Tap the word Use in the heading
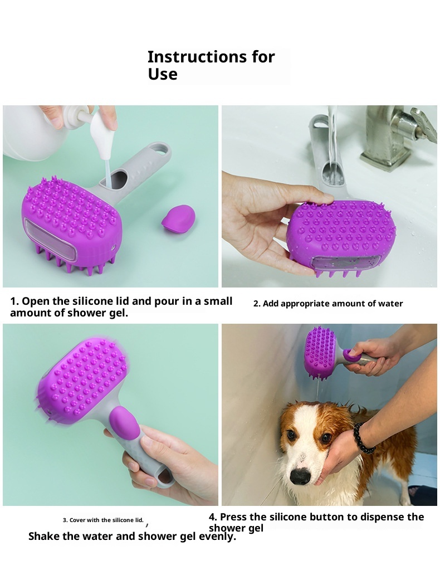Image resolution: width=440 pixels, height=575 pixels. [163, 74]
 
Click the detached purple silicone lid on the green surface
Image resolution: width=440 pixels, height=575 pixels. [178, 218]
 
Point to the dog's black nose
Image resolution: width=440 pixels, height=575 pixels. [301, 476]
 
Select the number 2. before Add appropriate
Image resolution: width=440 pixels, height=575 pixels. [257, 304]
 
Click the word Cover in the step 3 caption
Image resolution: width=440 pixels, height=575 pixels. [77, 520]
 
